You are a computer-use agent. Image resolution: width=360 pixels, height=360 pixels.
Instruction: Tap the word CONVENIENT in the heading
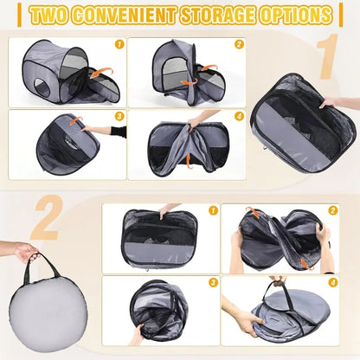[x=143, y=15]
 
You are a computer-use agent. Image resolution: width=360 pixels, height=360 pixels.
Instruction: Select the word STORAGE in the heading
[x=232, y=15]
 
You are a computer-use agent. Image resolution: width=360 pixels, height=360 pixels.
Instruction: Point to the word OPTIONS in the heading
[x=299, y=15]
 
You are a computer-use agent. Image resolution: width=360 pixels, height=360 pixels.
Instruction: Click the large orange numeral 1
[x=327, y=59]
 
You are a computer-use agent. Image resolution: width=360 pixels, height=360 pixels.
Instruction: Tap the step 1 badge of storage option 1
[x=119, y=42]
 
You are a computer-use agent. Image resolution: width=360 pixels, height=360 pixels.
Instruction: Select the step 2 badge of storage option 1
[x=238, y=42]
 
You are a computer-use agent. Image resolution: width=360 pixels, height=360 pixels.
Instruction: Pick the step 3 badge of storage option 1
[x=119, y=116]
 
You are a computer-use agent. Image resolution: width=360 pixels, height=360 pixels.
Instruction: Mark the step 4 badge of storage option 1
[x=238, y=116]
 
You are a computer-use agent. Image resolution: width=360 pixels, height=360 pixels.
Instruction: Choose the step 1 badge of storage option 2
[x=213, y=210]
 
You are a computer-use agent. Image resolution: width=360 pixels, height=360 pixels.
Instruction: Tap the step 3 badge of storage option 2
[x=213, y=281]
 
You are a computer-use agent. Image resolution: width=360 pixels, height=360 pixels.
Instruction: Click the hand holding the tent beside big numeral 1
[x=331, y=102]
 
